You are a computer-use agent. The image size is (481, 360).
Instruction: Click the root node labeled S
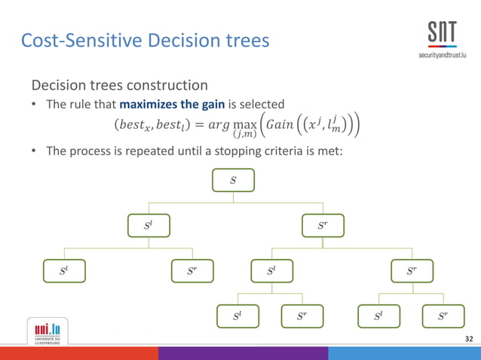(x=233, y=181)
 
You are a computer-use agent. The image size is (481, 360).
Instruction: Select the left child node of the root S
(x=149, y=226)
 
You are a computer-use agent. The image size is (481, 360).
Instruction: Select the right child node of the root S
(x=323, y=226)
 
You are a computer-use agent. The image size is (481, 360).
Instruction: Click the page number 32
(x=470, y=340)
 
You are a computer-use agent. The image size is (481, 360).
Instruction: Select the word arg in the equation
(x=219, y=124)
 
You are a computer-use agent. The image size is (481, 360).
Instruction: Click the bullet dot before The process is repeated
(x=35, y=151)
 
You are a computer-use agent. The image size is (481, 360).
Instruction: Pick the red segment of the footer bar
(x=79, y=353)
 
